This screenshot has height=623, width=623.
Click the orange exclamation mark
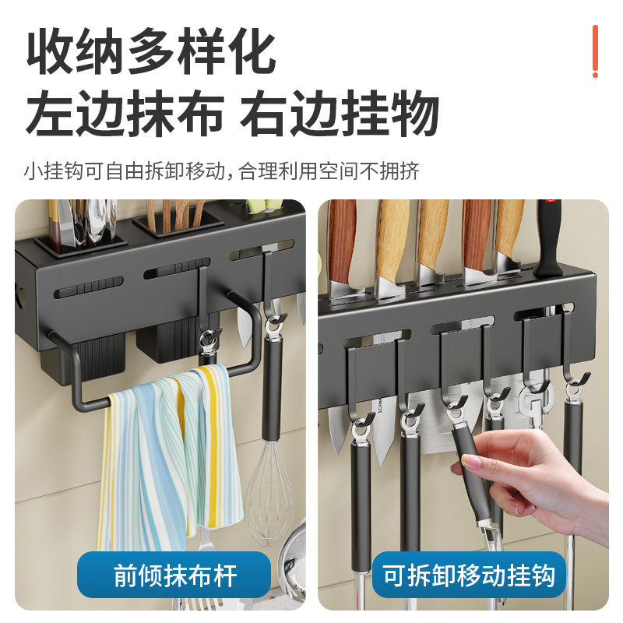click(x=595, y=51)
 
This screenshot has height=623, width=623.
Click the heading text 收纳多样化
click(x=151, y=53)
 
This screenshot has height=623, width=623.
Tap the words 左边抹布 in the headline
click(x=125, y=114)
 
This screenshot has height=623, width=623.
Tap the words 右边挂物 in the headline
click(x=340, y=114)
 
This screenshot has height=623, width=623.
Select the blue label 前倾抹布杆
click(x=175, y=575)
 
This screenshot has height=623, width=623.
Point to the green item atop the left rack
click(x=260, y=206)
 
